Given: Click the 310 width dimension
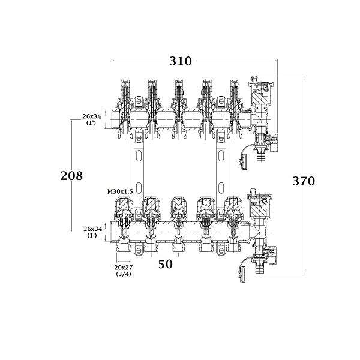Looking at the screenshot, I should click(x=180, y=61).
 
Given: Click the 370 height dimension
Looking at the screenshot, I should click(x=304, y=181).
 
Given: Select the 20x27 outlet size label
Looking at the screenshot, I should click(x=124, y=266).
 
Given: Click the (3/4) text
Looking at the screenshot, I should click(x=124, y=274).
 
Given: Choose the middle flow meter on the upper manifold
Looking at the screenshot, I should click(x=179, y=93).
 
